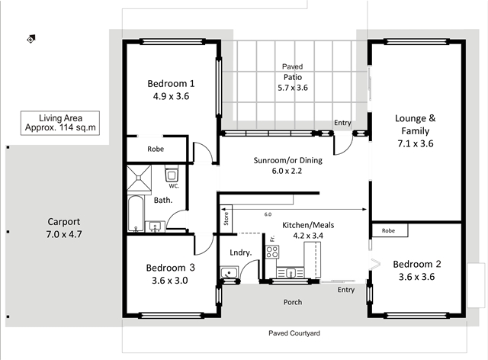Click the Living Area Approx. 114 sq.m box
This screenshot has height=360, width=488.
click(x=60, y=123)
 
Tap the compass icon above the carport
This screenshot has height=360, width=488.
click(x=30, y=39)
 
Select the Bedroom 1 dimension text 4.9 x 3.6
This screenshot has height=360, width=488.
click(x=171, y=96)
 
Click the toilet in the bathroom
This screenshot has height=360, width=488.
click(x=172, y=174)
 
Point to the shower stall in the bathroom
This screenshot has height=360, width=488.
click(x=139, y=178)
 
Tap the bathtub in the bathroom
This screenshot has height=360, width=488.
click(x=136, y=214)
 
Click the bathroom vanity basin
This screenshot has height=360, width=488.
click(x=155, y=227)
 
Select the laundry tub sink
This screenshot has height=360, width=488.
click(x=229, y=272)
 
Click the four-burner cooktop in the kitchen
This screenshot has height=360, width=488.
click(x=272, y=252)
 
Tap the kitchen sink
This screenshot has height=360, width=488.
click(x=290, y=273)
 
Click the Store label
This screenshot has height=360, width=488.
click(x=226, y=218)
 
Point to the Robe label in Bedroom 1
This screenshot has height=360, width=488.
click(x=156, y=149)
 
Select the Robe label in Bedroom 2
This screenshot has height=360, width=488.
click(x=388, y=230)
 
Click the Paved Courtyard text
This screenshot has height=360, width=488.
click(x=294, y=333)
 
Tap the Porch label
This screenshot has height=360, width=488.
click(x=293, y=302)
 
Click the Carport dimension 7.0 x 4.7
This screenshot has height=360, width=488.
click(x=64, y=234)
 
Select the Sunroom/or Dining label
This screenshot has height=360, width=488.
click(x=288, y=160)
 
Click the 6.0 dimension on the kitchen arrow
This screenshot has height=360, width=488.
click(x=268, y=214)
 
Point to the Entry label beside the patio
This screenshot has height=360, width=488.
click(x=342, y=123)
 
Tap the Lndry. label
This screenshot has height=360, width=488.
click(x=241, y=252)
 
